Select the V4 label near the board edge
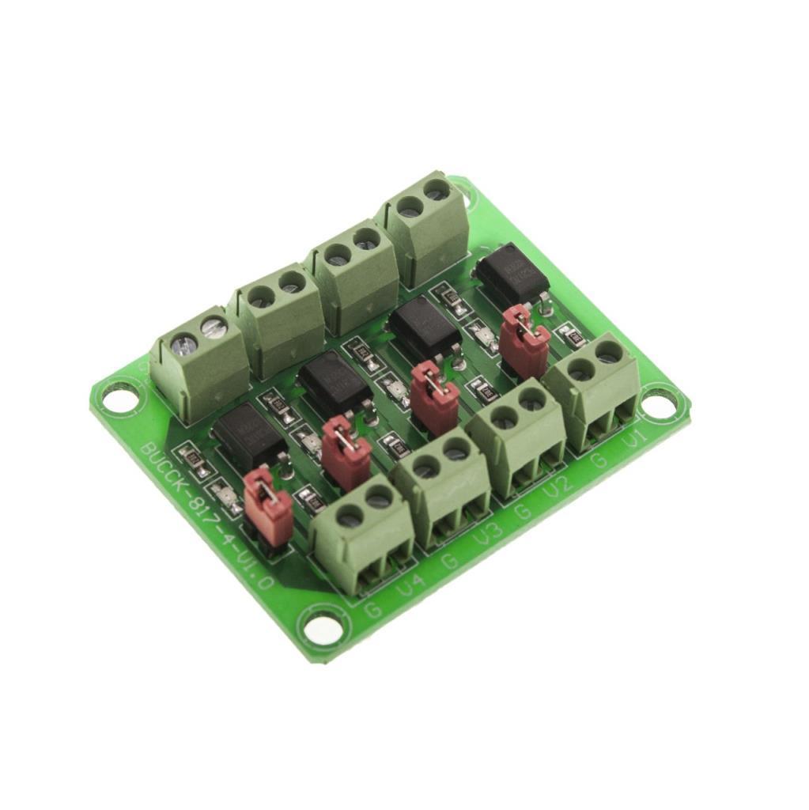[x=409, y=588]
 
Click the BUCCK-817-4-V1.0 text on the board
[x=207, y=515]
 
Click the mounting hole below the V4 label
[x=324, y=630]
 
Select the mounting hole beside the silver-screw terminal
[x=119, y=396]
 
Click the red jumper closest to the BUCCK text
[x=267, y=506]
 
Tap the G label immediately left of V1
[x=601, y=461]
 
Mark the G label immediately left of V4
[x=374, y=610]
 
